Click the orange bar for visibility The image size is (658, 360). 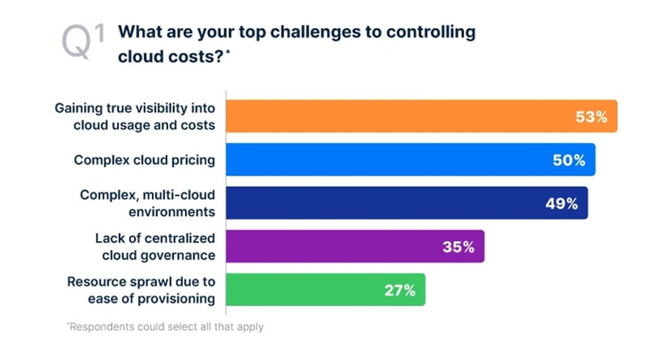[420, 116]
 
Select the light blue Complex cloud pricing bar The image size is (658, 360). [409, 160]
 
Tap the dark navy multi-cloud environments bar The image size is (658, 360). [406, 203]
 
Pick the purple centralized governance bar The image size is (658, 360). [354, 247]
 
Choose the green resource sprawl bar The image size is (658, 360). [325, 290]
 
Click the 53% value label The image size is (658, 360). [591, 117]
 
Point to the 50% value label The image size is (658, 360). [569, 160]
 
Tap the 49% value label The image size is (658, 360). [561, 204]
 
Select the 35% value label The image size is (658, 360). [458, 247]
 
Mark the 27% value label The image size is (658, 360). [398, 291]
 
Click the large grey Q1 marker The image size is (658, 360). [83, 41]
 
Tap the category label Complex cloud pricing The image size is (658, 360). [144, 160]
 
